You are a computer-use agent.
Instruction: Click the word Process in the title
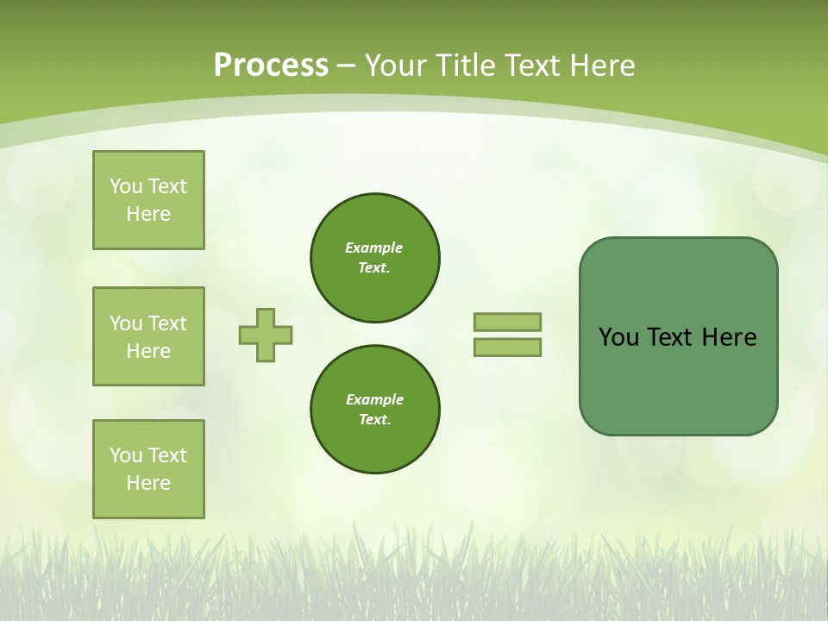click(271, 65)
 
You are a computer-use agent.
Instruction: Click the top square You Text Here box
click(148, 200)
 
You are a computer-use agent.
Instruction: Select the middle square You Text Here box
click(148, 336)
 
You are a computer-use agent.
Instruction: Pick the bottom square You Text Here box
click(148, 469)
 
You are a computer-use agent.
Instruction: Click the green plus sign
click(266, 335)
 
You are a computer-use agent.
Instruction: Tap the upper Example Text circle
click(374, 258)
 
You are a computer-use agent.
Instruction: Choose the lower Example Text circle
click(374, 410)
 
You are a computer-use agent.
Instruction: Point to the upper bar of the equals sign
click(507, 322)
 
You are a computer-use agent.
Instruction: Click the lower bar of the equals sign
click(507, 347)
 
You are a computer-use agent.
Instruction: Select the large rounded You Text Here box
click(678, 336)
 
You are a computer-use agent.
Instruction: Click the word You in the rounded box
click(618, 337)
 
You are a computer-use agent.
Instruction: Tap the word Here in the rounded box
click(729, 337)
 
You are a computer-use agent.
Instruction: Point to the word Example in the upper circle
click(374, 248)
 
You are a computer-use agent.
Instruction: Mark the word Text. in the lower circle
click(374, 420)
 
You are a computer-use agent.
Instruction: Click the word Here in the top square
click(148, 214)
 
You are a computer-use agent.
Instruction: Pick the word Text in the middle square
click(167, 323)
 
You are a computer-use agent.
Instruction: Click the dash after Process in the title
click(346, 65)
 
